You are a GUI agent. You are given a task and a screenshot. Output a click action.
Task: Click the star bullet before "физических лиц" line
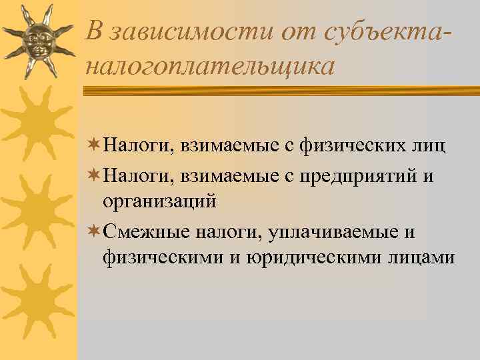coord(93,145)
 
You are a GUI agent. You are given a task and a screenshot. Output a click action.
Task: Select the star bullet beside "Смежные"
coord(93,232)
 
